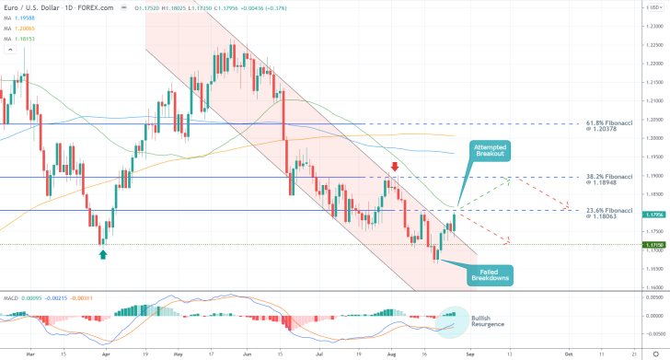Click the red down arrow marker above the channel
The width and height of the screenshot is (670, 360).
click(x=395, y=167)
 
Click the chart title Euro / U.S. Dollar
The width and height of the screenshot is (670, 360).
click(x=33, y=7)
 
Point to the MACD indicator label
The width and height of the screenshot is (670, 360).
click(x=11, y=325)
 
